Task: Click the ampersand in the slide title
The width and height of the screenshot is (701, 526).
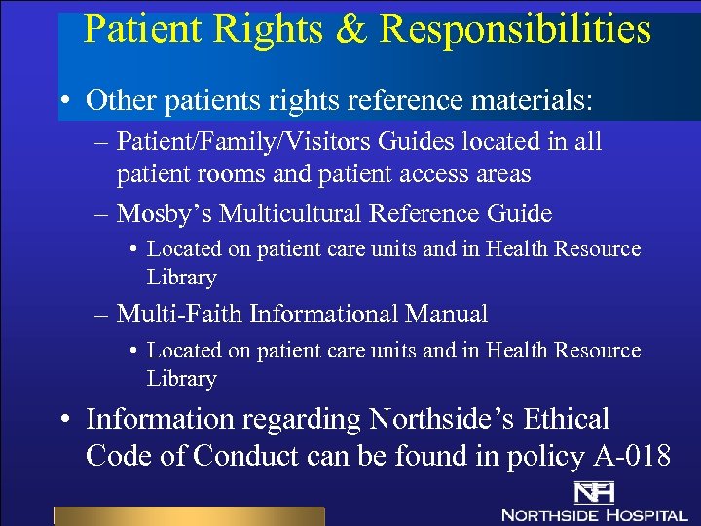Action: click(x=349, y=29)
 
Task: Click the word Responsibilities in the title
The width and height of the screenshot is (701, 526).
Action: click(x=515, y=29)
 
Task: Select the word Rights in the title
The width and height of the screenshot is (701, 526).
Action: click(x=269, y=29)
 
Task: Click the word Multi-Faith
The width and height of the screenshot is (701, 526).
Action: click(x=179, y=315)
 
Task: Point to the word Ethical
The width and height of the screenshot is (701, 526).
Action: click(x=567, y=420)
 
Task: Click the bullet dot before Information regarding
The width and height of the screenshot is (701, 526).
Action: click(x=64, y=421)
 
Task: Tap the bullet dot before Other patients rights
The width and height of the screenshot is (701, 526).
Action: click(x=64, y=100)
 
